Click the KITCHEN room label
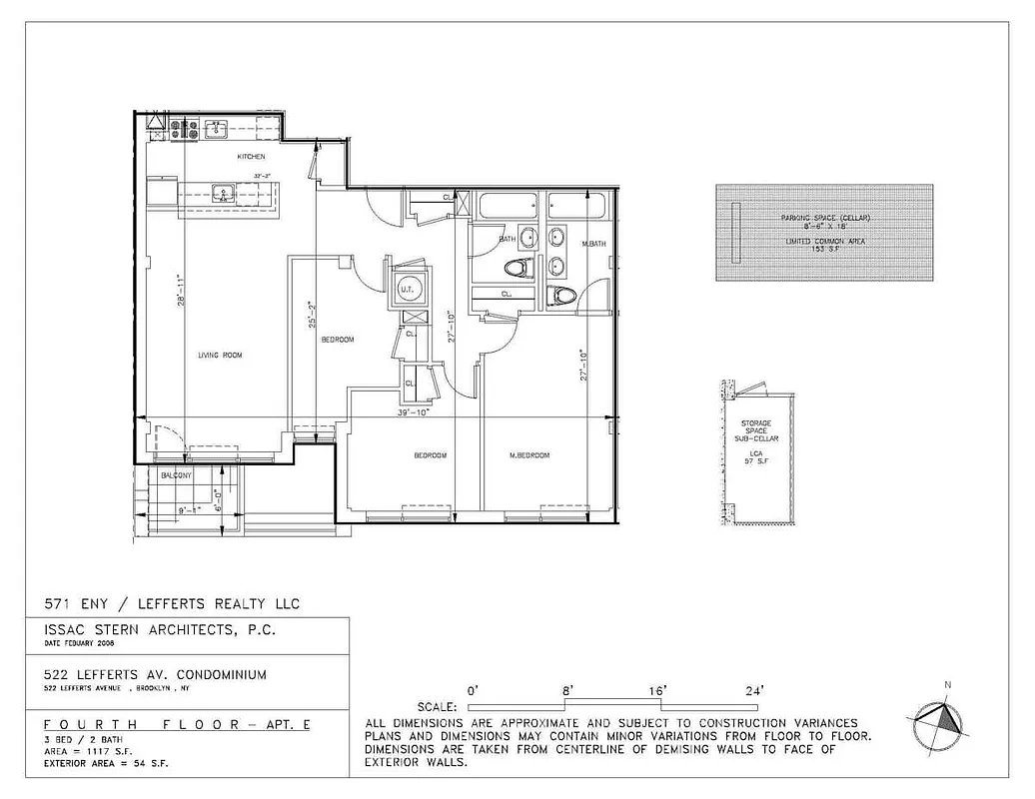(250, 158)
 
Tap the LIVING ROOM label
(221, 356)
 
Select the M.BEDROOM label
(529, 455)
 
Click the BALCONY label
(176, 476)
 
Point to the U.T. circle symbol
(407, 290)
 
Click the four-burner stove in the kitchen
(184, 128)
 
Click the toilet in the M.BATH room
(562, 296)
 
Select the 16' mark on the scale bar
(658, 690)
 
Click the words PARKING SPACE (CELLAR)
(825, 218)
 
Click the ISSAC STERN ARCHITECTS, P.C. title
(153, 631)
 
